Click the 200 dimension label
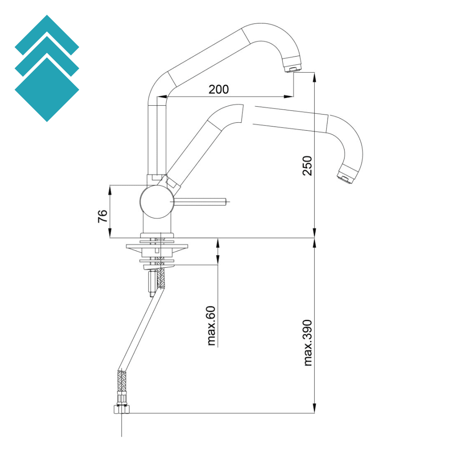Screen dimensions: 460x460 [x=218, y=89]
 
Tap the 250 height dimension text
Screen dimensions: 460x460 [x=307, y=166]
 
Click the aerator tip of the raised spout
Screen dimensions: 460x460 [x=293, y=68]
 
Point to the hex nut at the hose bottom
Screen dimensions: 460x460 [x=122, y=408]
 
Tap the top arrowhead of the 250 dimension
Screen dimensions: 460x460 [x=315, y=76]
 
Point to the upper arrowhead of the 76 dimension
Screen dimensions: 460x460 [x=110, y=189]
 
